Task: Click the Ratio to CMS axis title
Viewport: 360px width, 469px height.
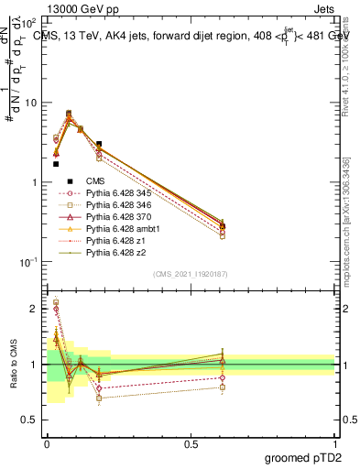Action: [x=12, y=366]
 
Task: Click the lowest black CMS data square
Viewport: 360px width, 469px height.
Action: [x=56, y=164]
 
